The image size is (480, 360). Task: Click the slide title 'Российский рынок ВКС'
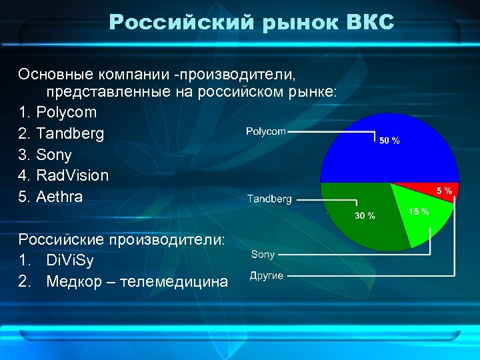point(251,23)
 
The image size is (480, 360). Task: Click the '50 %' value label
point(389,141)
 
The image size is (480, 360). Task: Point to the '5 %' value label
point(444,191)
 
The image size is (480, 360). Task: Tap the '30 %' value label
point(365,216)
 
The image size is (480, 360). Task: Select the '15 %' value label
point(419,211)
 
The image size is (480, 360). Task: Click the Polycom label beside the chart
point(265,132)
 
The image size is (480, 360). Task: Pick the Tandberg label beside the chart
point(269,199)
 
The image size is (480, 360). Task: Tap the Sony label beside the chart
point(263,254)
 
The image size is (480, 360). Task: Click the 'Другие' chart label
point(267,276)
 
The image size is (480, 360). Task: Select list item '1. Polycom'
point(58,112)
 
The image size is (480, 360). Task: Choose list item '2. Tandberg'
point(61,133)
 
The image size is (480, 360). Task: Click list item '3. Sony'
point(45,155)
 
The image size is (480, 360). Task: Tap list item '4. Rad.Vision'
point(63,176)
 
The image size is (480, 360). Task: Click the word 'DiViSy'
point(71,260)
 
